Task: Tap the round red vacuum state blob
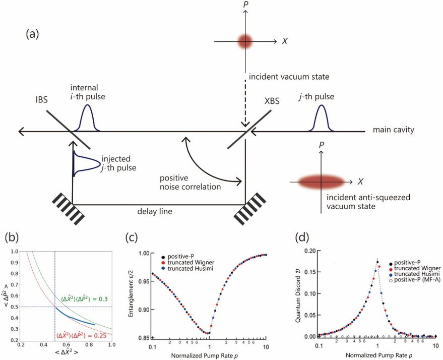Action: coord(245,40)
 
